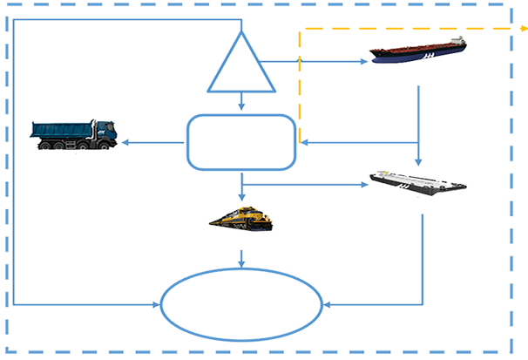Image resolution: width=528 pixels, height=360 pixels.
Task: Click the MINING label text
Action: pos(244,85)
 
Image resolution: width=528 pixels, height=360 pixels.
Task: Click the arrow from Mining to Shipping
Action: pos(322,61)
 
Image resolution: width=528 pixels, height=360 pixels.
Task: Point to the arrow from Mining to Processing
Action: pos(242,104)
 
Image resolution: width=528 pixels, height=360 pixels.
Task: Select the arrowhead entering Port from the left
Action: pos(159,305)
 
